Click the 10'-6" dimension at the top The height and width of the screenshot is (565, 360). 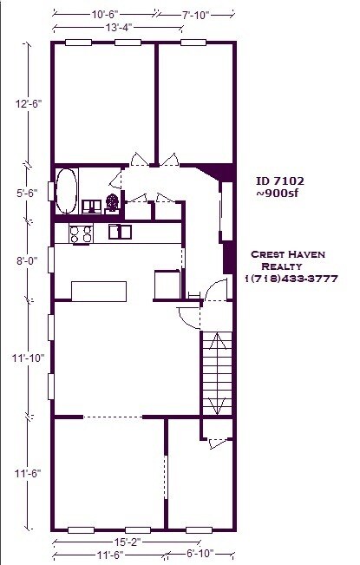(x=105, y=15)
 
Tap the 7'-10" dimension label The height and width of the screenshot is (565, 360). (x=195, y=15)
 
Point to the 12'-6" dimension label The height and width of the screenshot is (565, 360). (x=29, y=104)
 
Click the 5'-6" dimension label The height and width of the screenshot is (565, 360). (x=27, y=194)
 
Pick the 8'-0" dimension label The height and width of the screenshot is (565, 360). (x=27, y=260)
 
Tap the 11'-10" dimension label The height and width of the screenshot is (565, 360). (x=28, y=358)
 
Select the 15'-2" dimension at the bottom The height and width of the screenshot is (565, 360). (x=127, y=542)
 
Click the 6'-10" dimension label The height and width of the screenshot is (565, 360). (x=200, y=553)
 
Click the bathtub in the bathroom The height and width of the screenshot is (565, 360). (x=67, y=191)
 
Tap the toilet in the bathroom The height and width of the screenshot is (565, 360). (x=112, y=204)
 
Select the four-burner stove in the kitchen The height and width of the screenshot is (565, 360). (x=81, y=233)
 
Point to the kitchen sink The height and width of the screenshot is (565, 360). (x=120, y=232)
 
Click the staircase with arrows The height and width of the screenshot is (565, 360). (x=217, y=373)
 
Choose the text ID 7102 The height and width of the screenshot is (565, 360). (x=280, y=181)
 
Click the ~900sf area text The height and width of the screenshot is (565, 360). (x=278, y=194)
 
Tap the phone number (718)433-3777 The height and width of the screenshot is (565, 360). (x=293, y=279)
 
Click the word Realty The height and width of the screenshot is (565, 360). (x=282, y=266)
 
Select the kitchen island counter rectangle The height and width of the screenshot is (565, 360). (x=99, y=292)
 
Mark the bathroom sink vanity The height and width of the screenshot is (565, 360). (x=91, y=207)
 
